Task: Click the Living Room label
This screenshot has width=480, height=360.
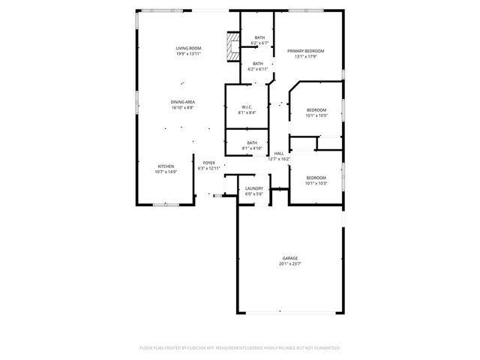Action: (x=188, y=48)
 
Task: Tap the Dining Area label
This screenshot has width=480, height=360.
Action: (x=182, y=101)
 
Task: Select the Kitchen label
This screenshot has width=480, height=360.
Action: (x=166, y=166)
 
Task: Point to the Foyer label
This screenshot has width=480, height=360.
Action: (x=208, y=162)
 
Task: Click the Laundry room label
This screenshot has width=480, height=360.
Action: (x=253, y=188)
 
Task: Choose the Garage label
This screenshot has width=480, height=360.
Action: (x=290, y=257)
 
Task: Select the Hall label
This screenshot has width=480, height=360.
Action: (x=279, y=153)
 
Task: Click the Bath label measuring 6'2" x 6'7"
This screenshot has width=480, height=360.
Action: (x=259, y=37)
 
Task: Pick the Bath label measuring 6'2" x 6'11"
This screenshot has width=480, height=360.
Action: (x=258, y=64)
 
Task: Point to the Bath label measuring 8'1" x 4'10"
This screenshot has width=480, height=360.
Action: (x=252, y=142)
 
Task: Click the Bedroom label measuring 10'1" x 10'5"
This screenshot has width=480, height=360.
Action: (x=316, y=109)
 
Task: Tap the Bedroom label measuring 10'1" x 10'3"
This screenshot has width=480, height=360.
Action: (x=316, y=177)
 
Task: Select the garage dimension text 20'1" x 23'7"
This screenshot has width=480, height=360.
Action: (x=290, y=263)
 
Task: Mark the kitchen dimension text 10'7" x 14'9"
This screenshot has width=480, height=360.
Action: (x=166, y=172)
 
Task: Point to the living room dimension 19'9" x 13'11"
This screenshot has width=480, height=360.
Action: (x=188, y=54)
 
